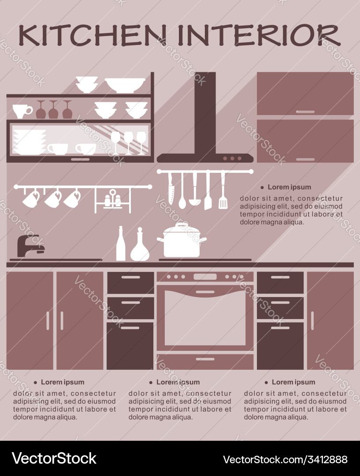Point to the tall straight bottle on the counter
(120, 245)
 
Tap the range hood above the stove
(205, 132)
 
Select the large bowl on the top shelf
(125, 85)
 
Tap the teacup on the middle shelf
(22, 111)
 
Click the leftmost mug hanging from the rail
(31, 199)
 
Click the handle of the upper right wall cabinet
(305, 112)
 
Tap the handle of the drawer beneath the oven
(205, 359)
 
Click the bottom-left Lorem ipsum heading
(62, 382)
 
